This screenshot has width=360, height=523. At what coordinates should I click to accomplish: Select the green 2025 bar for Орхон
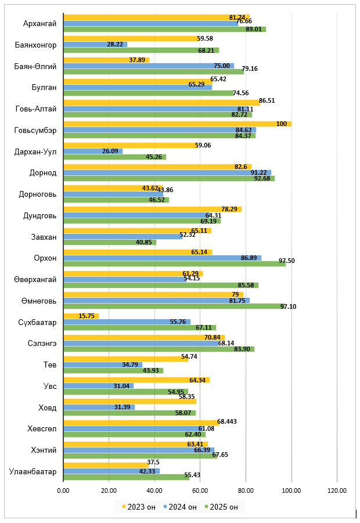click(x=174, y=264)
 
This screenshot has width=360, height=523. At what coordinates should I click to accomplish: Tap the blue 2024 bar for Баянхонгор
click(x=95, y=44)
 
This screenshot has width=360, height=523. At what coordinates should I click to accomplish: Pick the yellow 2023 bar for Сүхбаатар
click(x=81, y=316)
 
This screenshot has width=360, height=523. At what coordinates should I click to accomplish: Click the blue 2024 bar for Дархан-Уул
click(x=92, y=151)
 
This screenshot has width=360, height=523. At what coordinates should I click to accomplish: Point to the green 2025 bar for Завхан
click(x=109, y=242)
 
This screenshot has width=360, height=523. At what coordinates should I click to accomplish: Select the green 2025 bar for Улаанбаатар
click(x=126, y=477)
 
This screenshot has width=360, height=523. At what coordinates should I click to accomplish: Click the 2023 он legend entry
click(x=139, y=507)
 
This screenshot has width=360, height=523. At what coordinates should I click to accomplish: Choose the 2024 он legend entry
click(x=181, y=507)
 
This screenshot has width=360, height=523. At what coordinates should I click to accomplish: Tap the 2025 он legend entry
click(x=222, y=507)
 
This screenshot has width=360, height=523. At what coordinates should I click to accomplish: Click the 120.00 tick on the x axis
click(x=337, y=491)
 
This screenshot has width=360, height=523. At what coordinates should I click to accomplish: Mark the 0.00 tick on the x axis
click(x=63, y=491)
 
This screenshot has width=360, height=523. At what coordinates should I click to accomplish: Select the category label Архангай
click(x=39, y=24)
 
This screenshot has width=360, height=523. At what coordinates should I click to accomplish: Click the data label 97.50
click(x=287, y=261)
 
